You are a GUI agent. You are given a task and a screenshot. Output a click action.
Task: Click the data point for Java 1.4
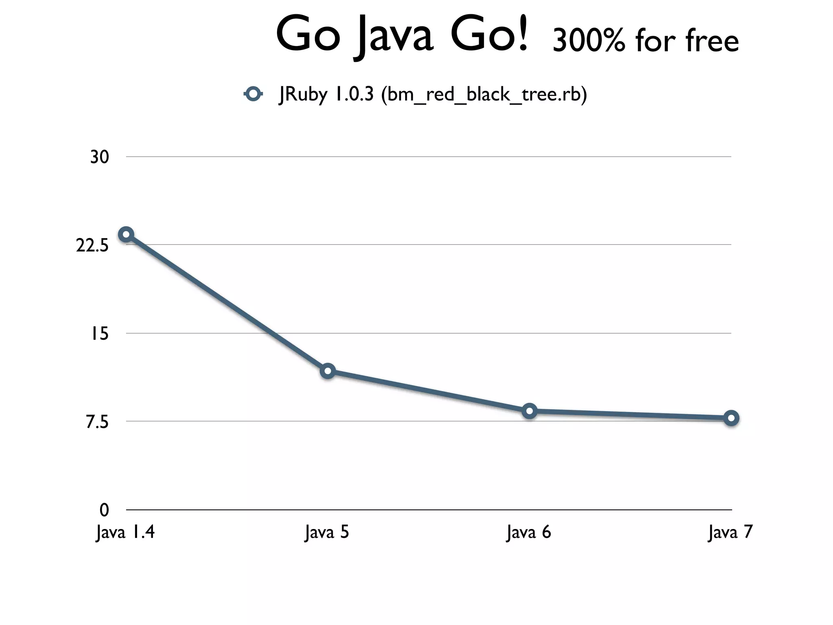click(126, 234)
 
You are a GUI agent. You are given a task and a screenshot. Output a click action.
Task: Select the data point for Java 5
click(327, 371)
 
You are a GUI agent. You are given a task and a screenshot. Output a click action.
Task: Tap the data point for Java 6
click(529, 411)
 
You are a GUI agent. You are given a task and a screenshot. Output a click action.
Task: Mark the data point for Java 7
click(731, 418)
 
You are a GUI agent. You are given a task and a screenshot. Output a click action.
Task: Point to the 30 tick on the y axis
click(100, 157)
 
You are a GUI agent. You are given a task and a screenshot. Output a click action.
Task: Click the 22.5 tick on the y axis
click(92, 245)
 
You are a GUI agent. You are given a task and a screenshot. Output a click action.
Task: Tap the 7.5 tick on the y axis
click(97, 422)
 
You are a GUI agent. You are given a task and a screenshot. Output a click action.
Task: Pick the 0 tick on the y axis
click(105, 510)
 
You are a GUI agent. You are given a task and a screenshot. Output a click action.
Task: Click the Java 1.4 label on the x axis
click(125, 532)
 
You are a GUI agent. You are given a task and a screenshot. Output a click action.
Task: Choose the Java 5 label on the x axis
click(327, 532)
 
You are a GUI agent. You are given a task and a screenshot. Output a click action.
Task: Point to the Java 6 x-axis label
click(529, 532)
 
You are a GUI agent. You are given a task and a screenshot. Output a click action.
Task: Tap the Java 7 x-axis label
click(731, 532)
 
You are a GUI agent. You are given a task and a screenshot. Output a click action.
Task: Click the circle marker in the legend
click(253, 94)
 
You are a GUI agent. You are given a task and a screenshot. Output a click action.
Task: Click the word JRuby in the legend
click(303, 95)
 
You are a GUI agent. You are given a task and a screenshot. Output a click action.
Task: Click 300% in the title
click(589, 41)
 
